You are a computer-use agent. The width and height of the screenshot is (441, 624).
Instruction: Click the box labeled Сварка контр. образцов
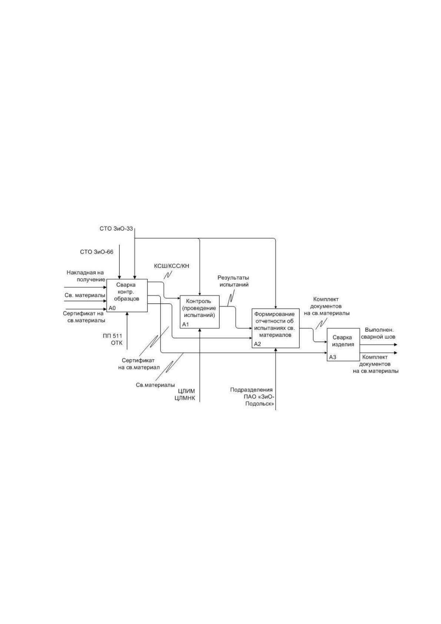(127, 295)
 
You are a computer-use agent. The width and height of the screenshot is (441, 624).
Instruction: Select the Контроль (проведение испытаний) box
(200, 312)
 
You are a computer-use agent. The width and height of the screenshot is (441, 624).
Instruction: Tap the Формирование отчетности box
(275, 328)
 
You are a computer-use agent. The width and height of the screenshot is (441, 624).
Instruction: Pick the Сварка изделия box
(343, 345)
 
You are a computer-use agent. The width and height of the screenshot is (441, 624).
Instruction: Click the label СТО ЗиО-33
(116, 229)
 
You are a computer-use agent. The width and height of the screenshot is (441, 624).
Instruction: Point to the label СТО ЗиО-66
(97, 252)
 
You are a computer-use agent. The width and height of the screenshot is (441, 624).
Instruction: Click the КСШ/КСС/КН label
(171, 266)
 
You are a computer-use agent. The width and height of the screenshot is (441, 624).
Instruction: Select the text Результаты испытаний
(233, 281)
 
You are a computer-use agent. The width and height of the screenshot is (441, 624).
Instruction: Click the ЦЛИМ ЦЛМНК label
(184, 395)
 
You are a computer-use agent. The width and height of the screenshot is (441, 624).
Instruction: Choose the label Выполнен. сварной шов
(380, 333)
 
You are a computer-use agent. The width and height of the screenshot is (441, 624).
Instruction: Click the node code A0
(112, 308)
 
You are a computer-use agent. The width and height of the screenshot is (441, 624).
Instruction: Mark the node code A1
(186, 325)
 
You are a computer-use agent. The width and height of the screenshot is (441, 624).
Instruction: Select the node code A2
(258, 344)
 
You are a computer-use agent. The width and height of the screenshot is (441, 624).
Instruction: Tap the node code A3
(333, 357)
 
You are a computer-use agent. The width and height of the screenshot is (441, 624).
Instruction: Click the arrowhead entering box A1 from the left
(178, 299)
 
